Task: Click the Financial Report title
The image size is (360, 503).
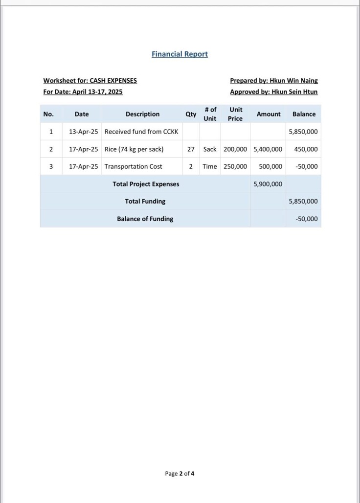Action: [180, 54]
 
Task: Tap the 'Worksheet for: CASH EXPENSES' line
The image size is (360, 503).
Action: [90, 81]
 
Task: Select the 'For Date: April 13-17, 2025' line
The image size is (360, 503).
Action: [83, 91]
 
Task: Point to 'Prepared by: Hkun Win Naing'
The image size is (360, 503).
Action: [273, 81]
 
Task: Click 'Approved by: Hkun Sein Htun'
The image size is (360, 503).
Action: [273, 91]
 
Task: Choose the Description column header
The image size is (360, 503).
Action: [142, 114]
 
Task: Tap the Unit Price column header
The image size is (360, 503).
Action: [235, 114]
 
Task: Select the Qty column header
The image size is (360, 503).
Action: [191, 114]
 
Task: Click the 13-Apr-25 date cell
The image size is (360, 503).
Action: [83, 132]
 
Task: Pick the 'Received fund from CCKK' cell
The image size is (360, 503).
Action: [141, 132]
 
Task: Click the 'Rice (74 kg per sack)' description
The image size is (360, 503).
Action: [134, 149]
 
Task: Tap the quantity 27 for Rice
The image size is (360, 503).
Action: [191, 149]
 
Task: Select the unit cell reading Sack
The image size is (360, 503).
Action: [210, 149]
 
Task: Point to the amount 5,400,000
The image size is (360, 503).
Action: [268, 149]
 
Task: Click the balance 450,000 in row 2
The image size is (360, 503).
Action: [306, 149]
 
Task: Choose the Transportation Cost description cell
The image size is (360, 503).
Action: [133, 166]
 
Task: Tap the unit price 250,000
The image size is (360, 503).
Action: [235, 166]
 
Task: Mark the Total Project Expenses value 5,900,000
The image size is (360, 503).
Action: [268, 184]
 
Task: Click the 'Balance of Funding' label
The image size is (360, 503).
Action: [145, 219]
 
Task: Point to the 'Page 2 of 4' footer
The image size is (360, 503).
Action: [180, 473]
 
